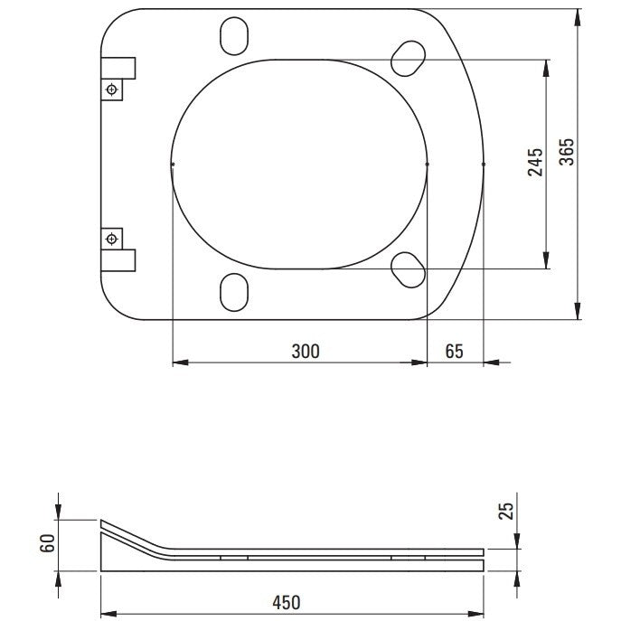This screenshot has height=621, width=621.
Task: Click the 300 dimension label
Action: point(306,352)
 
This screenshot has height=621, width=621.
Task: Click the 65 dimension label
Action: point(454,352)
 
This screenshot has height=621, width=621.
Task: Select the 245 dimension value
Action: point(535,162)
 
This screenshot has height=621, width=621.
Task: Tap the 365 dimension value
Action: point(567,152)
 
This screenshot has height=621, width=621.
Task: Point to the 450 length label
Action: point(287,602)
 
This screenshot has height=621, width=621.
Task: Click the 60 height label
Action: point(48,543)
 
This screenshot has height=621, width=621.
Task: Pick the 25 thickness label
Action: point(506,511)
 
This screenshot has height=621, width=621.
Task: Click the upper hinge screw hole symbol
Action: point(112,89)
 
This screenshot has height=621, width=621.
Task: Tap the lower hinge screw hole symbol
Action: point(112,239)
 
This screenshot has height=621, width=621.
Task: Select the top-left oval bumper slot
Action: point(234,36)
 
